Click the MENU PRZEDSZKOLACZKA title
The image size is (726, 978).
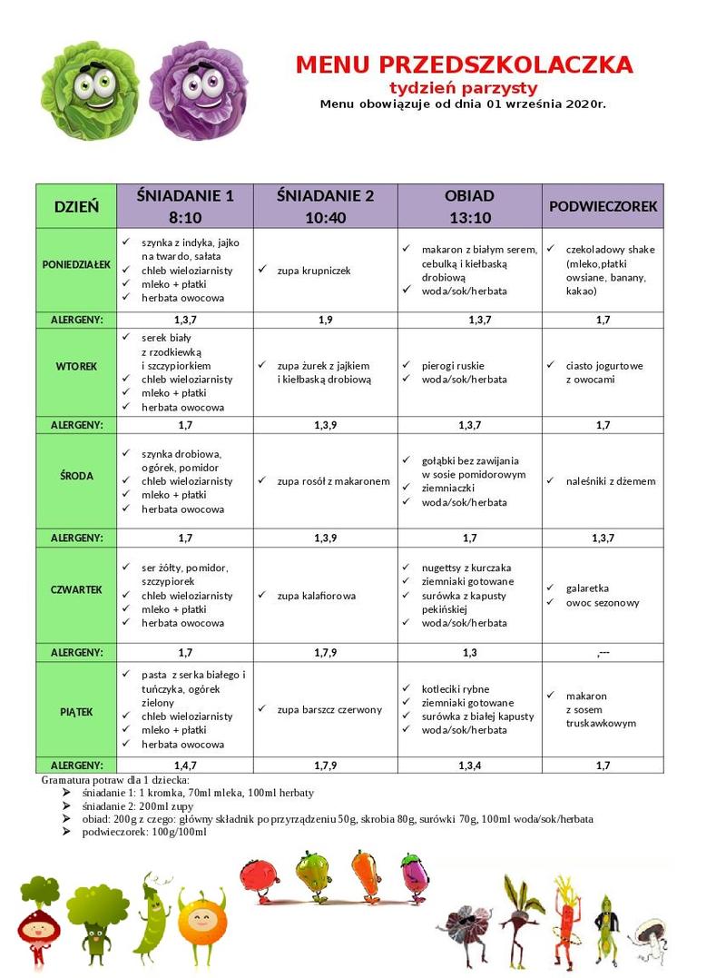click(464, 64)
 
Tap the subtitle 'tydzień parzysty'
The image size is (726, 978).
click(464, 87)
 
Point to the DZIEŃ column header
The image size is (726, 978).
click(76, 206)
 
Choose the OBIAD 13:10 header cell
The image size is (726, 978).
click(469, 206)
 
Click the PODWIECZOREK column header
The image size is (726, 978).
click(603, 206)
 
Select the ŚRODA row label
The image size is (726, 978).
click(76, 475)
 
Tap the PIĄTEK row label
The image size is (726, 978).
click(76, 712)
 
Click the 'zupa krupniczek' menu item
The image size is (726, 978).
click(314, 270)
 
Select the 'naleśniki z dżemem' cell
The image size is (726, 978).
click(610, 481)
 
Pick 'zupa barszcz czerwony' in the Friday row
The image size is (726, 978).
click(329, 709)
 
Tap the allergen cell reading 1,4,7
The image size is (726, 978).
click(185, 766)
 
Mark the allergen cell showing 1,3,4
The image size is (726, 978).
click(469, 766)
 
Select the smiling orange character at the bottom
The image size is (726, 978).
click(201, 922)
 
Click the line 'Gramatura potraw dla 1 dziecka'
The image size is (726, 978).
click(115, 780)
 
